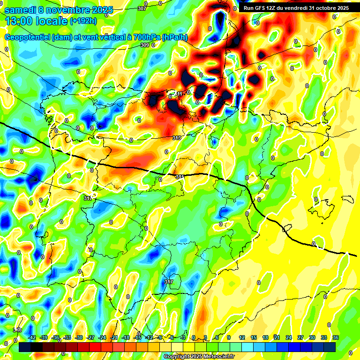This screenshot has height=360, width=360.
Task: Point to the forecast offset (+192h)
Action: (84, 21)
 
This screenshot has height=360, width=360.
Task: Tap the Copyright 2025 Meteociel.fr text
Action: (199, 356)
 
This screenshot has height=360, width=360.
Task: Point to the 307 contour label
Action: (142, 8)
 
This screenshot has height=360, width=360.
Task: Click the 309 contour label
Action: (144, 45)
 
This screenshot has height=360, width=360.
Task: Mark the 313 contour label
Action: (177, 138)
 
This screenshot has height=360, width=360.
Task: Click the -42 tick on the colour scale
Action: (32, 337)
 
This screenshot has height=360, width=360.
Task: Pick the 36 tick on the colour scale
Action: (335, 337)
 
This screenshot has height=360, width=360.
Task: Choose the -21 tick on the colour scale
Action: (114, 337)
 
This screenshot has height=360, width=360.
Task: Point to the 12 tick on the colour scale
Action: (242, 337)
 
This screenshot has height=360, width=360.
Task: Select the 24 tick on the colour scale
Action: (289, 337)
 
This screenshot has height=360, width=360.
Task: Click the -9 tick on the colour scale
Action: (160, 337)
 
